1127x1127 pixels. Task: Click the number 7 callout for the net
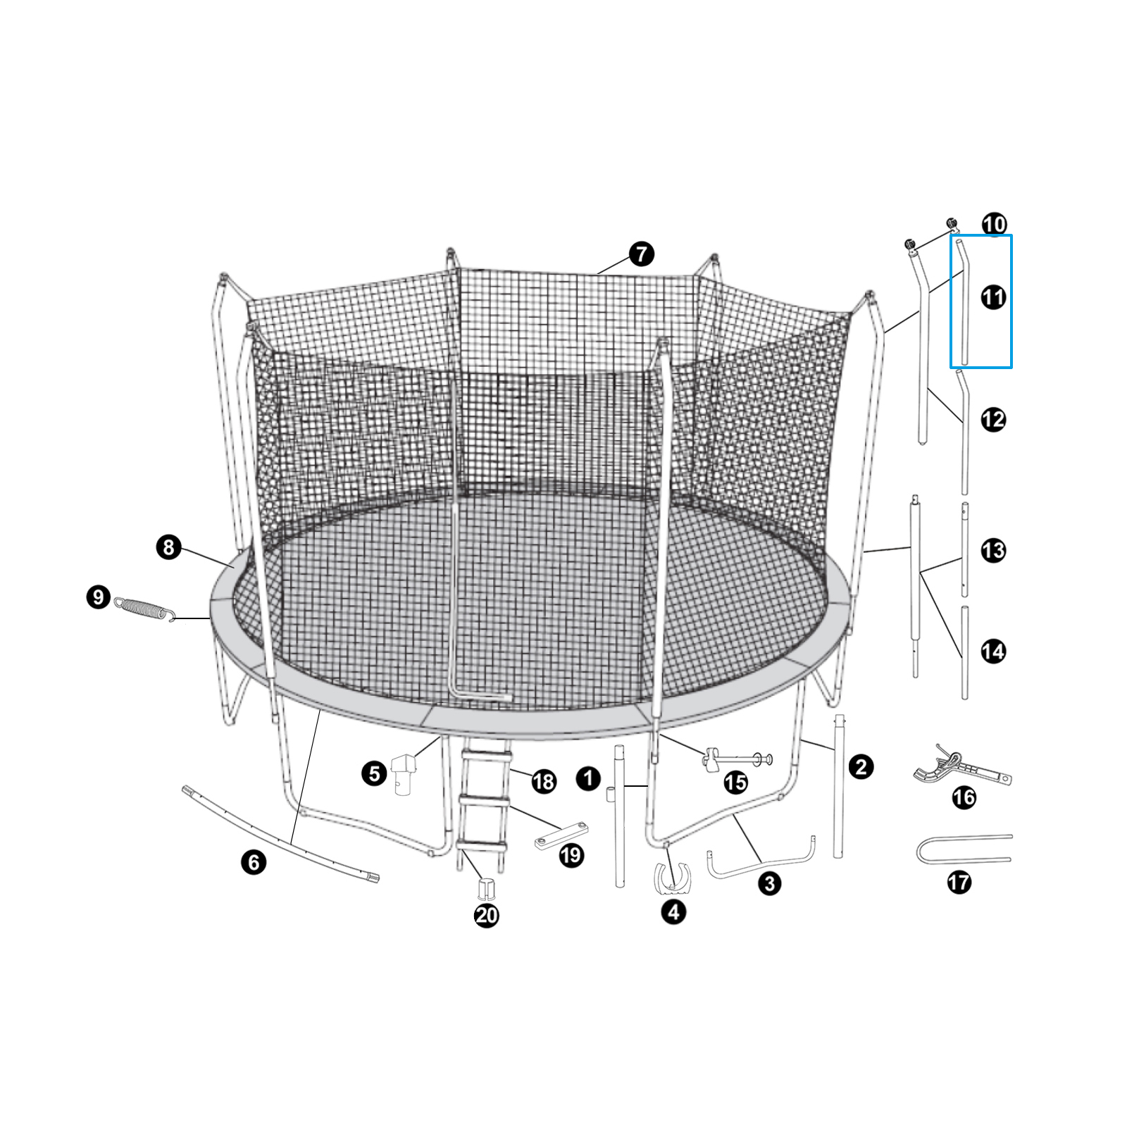tap(640, 254)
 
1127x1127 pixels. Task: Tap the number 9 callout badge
tap(98, 598)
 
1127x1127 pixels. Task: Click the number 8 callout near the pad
tap(169, 547)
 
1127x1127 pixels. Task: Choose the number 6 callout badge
tap(254, 862)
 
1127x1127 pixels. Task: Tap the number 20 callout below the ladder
tap(487, 915)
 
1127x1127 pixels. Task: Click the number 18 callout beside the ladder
tap(544, 781)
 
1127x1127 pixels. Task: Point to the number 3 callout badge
tap(769, 883)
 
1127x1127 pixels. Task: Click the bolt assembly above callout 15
tap(736, 759)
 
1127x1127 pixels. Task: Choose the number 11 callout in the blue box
tap(993, 298)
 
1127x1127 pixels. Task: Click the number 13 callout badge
tap(993, 550)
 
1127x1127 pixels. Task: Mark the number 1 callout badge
tap(588, 778)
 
